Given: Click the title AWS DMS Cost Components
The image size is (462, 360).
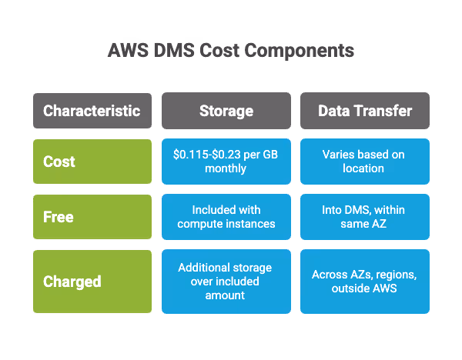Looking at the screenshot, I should [x=230, y=52].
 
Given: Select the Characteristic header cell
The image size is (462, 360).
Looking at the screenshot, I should [x=92, y=111].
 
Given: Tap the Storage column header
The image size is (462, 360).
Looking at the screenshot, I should [x=226, y=111].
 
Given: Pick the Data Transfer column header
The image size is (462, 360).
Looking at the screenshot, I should [x=365, y=111].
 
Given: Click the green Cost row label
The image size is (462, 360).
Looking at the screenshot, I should [x=92, y=162].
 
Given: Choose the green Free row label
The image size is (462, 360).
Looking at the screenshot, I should [x=92, y=217].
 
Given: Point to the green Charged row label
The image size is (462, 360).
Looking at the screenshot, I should [x=92, y=281].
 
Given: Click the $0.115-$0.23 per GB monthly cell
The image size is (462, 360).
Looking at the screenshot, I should [x=226, y=162].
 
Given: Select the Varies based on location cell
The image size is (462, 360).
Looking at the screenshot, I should [x=365, y=162].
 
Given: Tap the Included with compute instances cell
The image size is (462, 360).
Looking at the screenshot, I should [x=226, y=217].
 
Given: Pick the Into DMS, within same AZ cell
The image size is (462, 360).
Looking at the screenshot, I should [x=365, y=217].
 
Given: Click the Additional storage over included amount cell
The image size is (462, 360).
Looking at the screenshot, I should [x=226, y=281].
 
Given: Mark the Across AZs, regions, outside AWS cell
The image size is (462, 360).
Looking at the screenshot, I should [x=365, y=281].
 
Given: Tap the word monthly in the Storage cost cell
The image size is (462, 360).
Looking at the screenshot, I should [x=225, y=168].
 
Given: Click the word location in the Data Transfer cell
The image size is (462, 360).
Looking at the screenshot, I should [x=363, y=168].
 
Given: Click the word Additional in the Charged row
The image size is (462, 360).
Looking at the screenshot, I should [x=203, y=268].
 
